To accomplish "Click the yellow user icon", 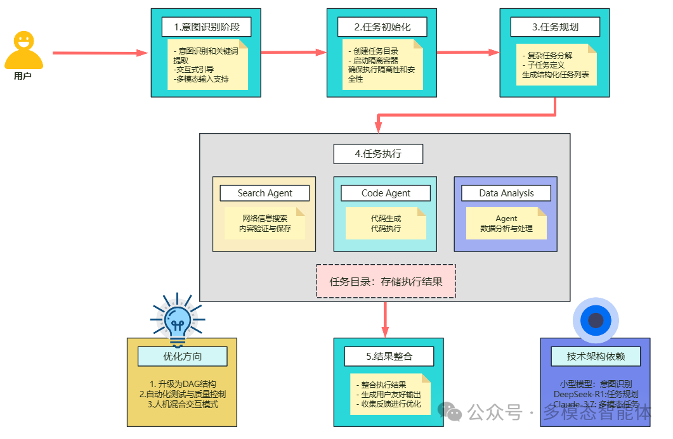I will click(23, 51).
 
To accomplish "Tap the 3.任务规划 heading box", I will click(555, 27).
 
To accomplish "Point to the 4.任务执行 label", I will click(378, 154).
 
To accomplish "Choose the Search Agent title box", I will click(265, 193).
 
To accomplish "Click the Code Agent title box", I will click(386, 193).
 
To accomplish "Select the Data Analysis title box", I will click(506, 193).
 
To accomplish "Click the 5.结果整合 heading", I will click(389, 356).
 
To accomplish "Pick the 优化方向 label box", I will click(182, 356).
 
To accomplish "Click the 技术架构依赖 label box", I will click(595, 356).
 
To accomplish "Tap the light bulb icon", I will click(177, 317).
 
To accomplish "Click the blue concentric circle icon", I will click(595, 320).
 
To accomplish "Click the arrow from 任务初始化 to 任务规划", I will click(468, 52).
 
